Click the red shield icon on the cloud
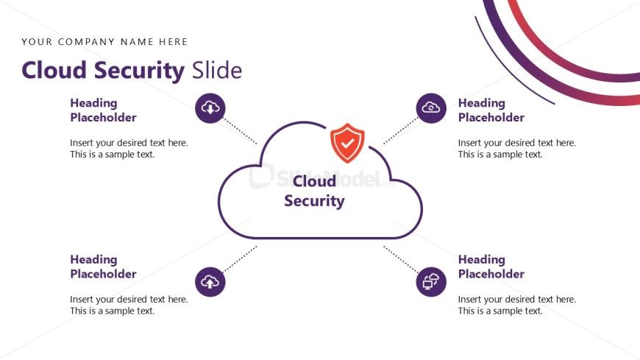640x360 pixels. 347,143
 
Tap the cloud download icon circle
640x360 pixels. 210,108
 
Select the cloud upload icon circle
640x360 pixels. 210,281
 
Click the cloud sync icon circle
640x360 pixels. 431,108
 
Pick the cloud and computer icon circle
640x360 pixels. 431,281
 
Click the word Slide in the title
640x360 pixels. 217,70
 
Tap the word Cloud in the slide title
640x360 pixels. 54,70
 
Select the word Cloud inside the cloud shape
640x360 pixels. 314,181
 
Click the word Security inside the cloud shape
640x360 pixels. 314,201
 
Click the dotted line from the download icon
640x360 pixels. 241,131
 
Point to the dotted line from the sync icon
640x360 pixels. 401,131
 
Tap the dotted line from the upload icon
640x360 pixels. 241,258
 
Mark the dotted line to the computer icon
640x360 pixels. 401,258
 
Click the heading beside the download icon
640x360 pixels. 103,110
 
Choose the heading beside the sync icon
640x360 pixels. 491,110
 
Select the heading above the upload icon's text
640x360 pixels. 103,267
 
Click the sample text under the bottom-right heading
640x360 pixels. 516,306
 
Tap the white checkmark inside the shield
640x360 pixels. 347,144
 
